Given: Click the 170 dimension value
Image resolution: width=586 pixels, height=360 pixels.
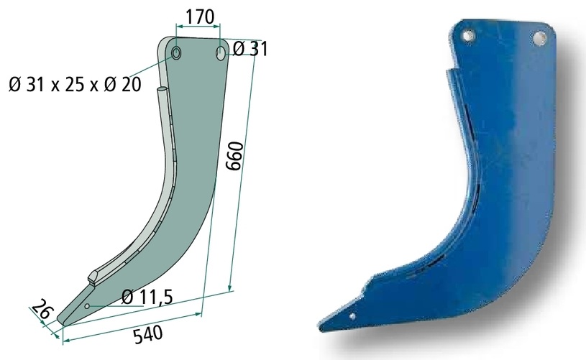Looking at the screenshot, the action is pyautogui.click(x=200, y=17).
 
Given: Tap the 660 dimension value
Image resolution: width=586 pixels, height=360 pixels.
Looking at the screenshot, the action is pyautogui.click(x=236, y=156).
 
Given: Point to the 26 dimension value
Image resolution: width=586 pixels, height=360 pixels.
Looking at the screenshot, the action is pyautogui.click(x=42, y=309).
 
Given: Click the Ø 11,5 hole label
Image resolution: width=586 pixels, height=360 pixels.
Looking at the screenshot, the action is pyautogui.click(x=147, y=297).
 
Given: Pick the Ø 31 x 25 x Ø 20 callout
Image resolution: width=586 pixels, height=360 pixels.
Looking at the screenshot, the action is pyautogui.click(x=75, y=84).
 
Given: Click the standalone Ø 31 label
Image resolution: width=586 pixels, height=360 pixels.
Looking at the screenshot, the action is pyautogui.click(x=250, y=49).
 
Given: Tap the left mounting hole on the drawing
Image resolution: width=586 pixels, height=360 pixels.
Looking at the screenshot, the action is pyautogui.click(x=176, y=53).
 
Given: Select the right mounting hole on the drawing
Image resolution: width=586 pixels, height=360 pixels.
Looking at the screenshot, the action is pyautogui.click(x=221, y=53).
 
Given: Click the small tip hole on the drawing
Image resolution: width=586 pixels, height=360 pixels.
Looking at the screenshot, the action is pyautogui.click(x=87, y=306).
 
